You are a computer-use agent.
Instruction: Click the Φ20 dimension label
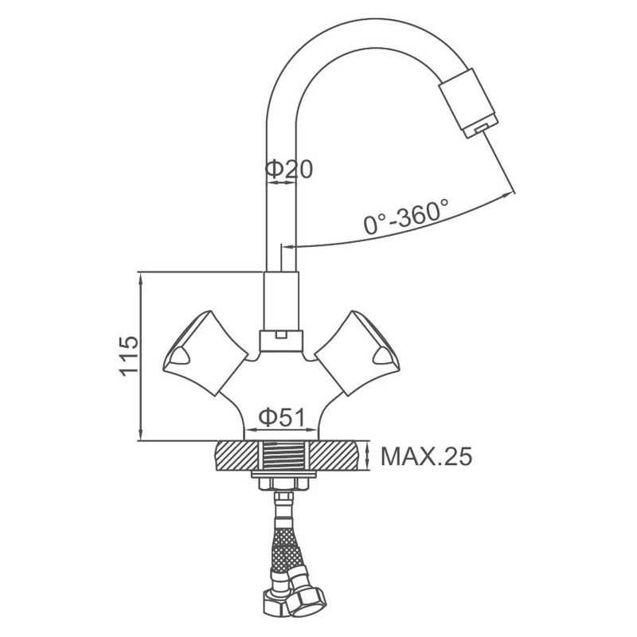pos(289,170)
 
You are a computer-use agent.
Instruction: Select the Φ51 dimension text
pos(282,417)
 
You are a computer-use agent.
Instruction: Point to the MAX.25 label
pos(427,456)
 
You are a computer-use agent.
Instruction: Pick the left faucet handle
pos(205,353)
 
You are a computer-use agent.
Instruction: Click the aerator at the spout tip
pos(468,104)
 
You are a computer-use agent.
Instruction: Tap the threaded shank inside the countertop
pos(284,455)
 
